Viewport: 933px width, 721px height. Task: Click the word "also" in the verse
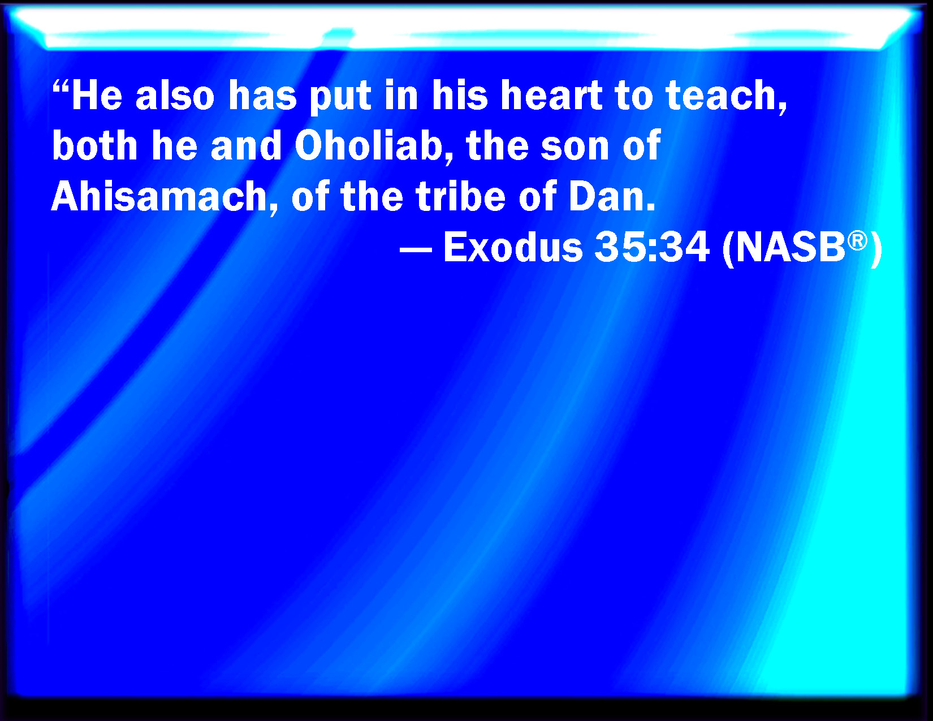[x=175, y=95]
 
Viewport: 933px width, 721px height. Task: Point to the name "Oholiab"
[x=369, y=145]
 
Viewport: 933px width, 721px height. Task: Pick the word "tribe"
[x=461, y=196]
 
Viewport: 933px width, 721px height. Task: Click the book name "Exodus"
[x=513, y=247]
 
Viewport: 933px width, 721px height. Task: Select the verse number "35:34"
[x=652, y=247]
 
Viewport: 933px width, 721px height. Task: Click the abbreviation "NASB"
[x=790, y=247]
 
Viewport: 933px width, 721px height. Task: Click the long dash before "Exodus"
[x=416, y=249]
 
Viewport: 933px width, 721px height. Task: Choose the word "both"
[x=94, y=145]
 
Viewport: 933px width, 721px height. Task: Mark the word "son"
[x=575, y=149]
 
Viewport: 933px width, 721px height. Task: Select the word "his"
[x=459, y=95]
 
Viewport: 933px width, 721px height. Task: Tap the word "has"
[x=262, y=95]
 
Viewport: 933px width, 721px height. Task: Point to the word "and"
[x=246, y=145]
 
